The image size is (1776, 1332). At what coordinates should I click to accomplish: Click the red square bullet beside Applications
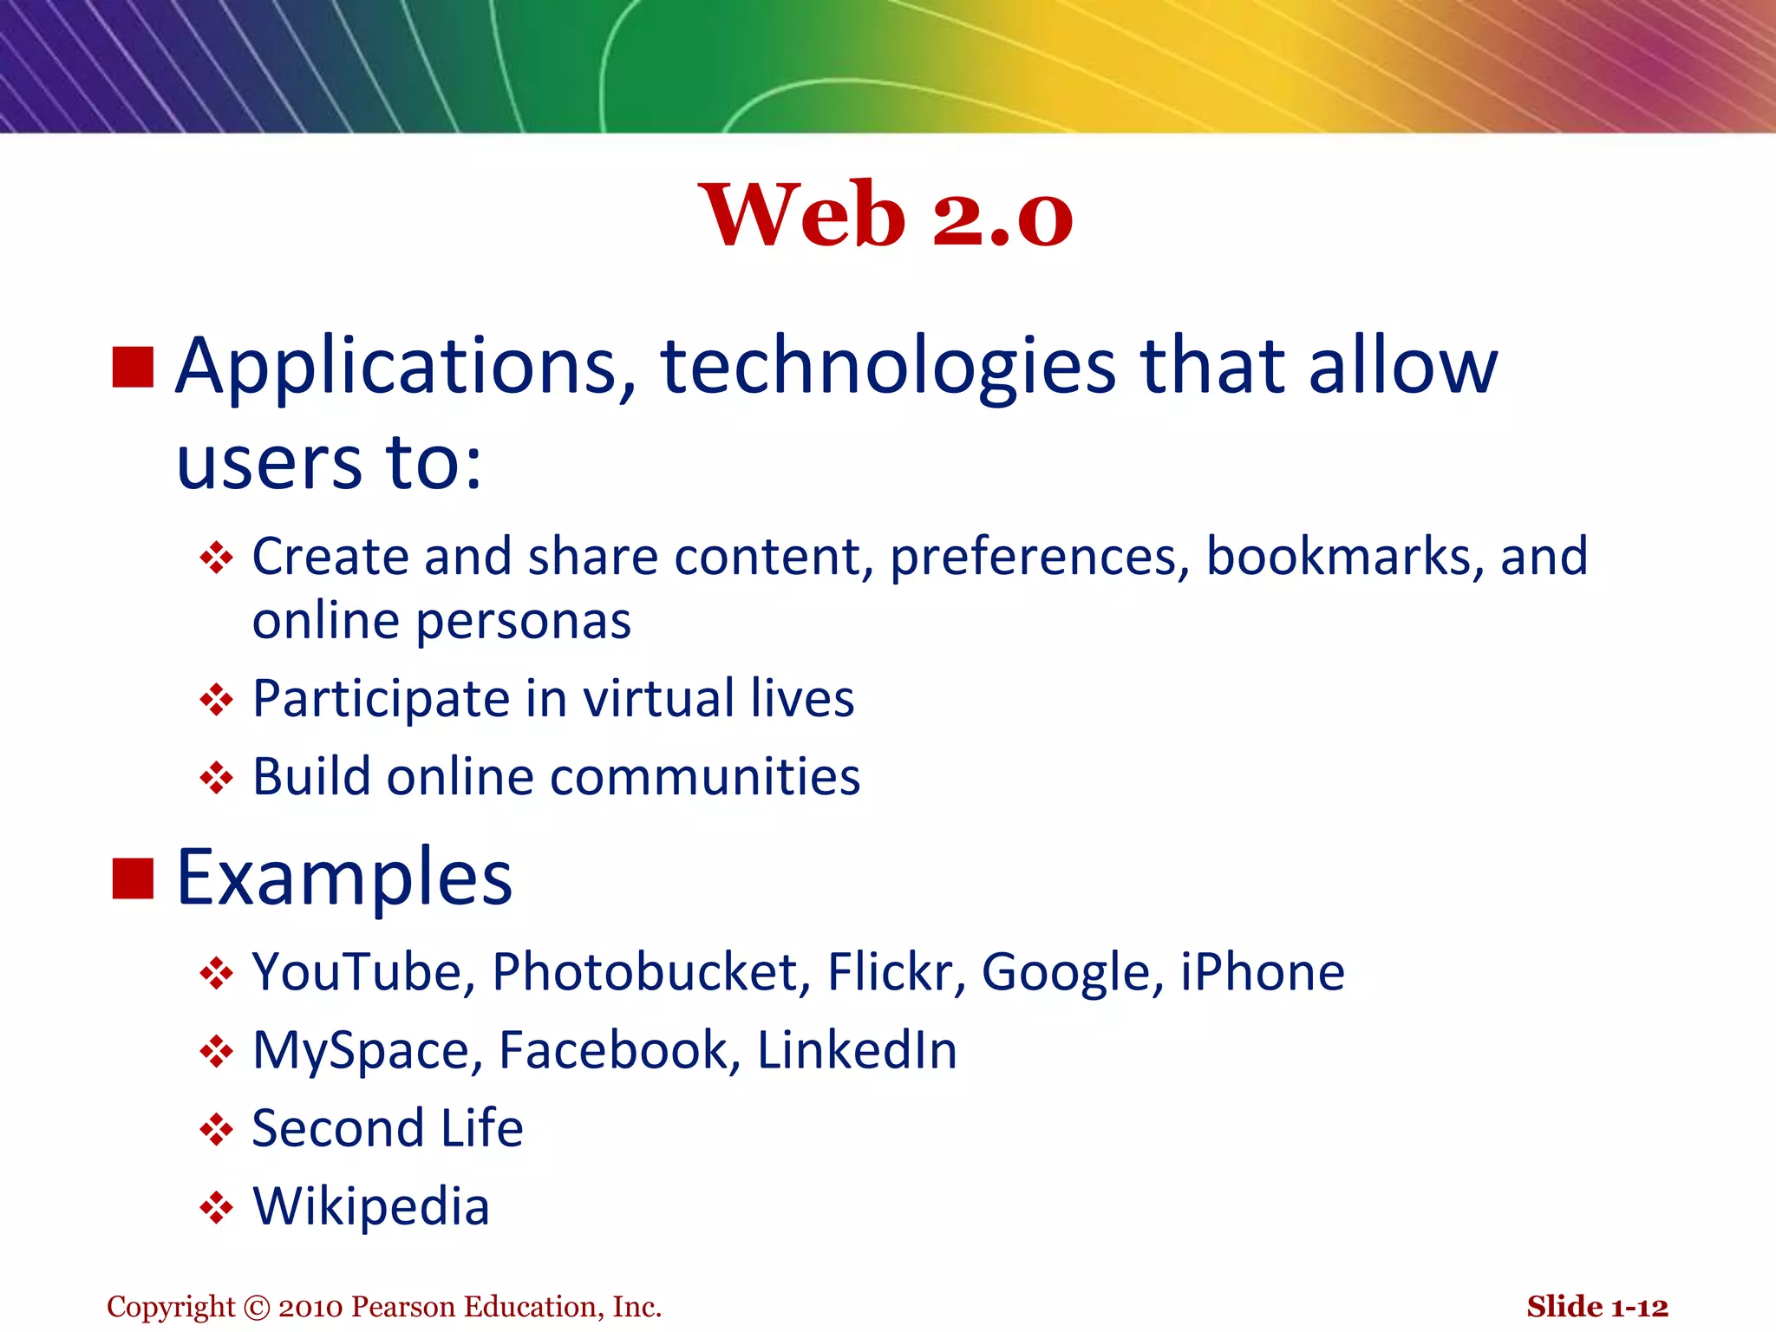(134, 367)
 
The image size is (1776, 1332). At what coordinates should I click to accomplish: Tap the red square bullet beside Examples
(134, 878)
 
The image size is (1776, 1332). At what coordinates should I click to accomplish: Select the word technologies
(888, 367)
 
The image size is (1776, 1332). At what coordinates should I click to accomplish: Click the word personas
(524, 621)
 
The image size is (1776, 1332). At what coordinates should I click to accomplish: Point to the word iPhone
(1263, 972)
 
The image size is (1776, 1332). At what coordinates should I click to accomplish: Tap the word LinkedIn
(857, 1050)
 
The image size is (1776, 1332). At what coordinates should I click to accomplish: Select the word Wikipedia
(371, 1206)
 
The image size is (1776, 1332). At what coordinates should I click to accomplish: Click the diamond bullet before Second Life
(216, 1129)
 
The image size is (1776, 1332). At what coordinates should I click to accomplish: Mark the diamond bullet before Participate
(216, 700)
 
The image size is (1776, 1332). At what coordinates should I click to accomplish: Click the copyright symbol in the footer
(258, 1307)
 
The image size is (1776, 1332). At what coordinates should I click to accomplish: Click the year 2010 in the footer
(310, 1307)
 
